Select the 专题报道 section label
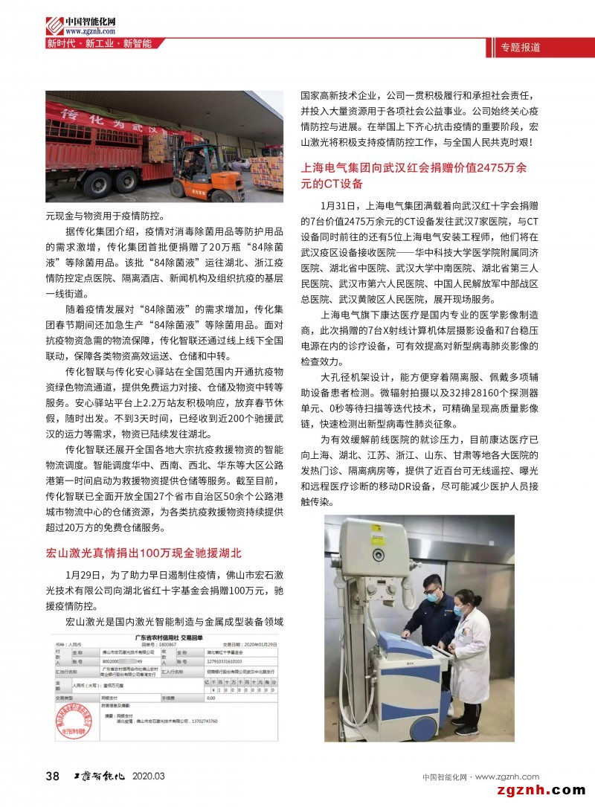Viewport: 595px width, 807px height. (x=521, y=48)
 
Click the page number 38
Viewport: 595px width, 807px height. (x=53, y=777)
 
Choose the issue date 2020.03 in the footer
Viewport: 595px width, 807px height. (x=149, y=777)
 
